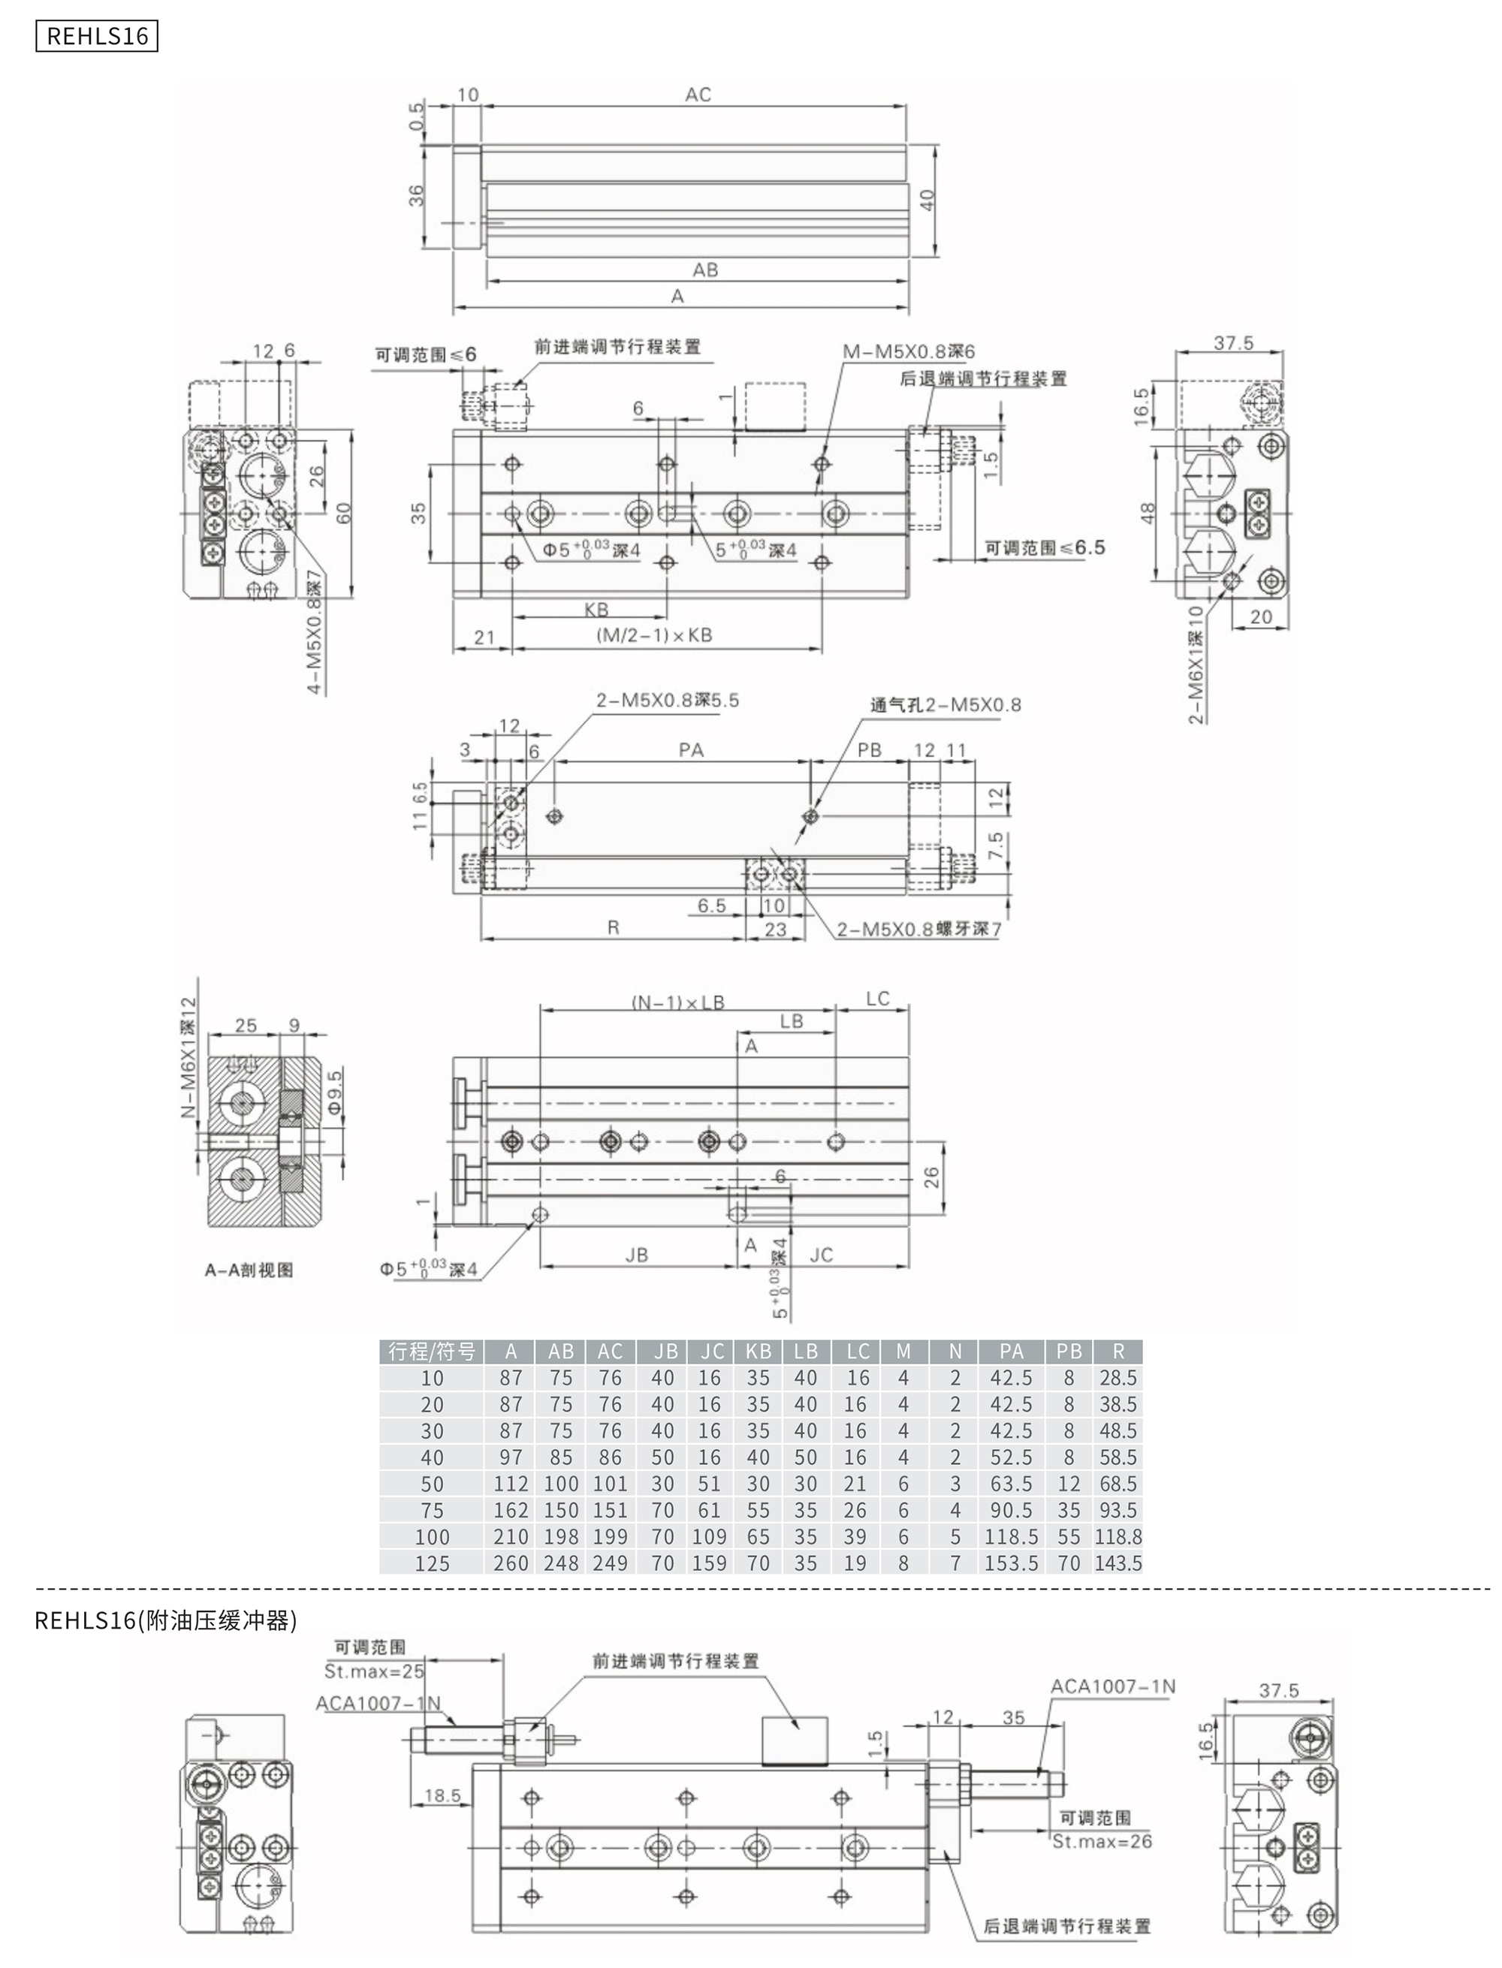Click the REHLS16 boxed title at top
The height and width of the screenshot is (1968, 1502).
pos(97,37)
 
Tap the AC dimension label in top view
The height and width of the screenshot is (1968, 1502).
pos(698,95)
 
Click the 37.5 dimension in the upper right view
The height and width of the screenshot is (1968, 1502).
pos(1233,343)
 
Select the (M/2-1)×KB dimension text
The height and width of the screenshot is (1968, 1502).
pos(653,635)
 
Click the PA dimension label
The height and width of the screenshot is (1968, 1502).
pos(690,750)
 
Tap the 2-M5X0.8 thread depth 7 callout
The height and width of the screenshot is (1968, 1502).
pos(919,930)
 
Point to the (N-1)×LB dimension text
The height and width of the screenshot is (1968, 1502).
pos(677,1002)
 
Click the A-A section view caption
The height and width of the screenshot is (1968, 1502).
pos(249,1270)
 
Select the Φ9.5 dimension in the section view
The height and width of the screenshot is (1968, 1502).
pos(335,1091)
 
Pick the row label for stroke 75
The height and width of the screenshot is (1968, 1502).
pos(432,1511)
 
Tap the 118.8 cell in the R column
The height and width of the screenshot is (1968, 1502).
pos(1117,1536)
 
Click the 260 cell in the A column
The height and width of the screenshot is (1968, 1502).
pos(511,1563)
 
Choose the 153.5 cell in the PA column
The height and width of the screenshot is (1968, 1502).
pos(1011,1563)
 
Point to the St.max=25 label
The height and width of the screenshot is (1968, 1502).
pos(374,1671)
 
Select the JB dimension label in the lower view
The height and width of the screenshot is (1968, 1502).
pos(637,1255)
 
